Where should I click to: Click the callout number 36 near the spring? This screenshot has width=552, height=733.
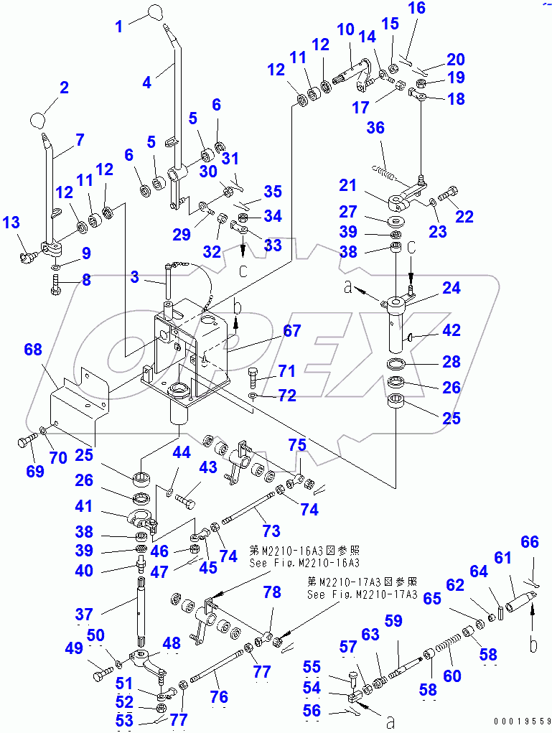pos(376,128)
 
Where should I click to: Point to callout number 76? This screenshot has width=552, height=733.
pos(219,696)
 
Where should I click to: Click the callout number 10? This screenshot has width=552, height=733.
pos(345,29)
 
